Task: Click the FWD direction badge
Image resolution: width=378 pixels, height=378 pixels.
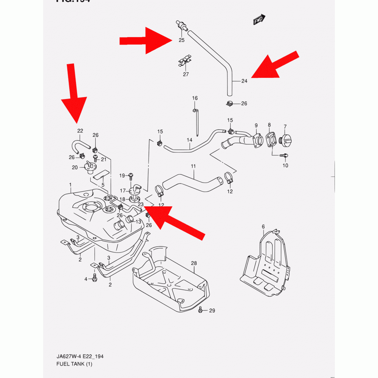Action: click(259, 20)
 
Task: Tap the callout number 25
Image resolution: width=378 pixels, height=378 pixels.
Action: click(181, 40)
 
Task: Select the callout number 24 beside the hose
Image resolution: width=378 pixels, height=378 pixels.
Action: click(244, 81)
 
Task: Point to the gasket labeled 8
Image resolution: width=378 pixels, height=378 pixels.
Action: click(270, 140)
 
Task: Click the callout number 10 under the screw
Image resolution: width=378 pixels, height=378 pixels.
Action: click(285, 165)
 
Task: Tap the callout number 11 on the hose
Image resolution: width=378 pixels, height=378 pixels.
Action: click(193, 166)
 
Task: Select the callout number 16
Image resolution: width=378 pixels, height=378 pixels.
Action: click(195, 98)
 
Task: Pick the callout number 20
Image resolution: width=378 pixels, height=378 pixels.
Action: click(75, 167)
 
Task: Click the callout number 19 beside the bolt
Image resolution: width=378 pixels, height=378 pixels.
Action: click(122, 175)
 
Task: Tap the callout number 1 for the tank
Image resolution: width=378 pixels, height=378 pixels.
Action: click(70, 185)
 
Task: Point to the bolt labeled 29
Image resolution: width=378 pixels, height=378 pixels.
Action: click(201, 310)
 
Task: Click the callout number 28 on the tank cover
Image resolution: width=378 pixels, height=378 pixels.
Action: click(194, 263)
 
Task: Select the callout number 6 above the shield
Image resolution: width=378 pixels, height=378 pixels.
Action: click(263, 226)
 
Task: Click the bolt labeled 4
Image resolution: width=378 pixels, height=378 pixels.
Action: click(94, 279)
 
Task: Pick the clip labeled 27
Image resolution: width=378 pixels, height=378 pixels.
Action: click(185, 62)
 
